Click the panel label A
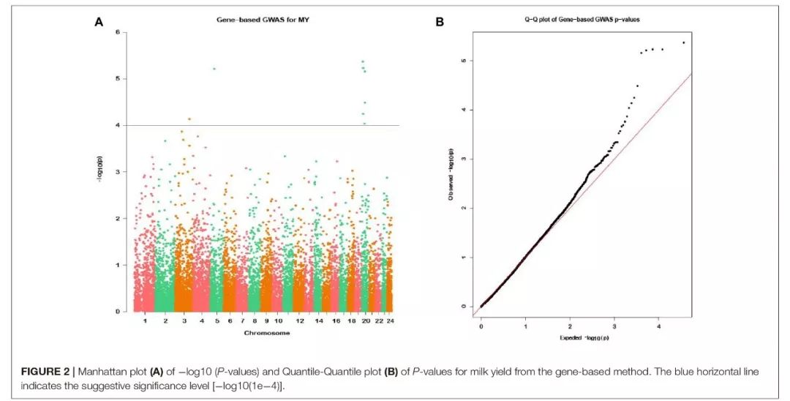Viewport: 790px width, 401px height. [x=99, y=22]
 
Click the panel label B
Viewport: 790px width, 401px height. [x=440, y=22]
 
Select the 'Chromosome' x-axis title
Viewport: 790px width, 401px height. [x=266, y=333]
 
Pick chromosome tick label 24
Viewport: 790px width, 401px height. [x=390, y=321]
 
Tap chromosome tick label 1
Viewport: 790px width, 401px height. [x=145, y=321]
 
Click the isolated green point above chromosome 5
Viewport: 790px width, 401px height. [x=214, y=69]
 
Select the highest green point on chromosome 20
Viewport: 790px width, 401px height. [x=363, y=61]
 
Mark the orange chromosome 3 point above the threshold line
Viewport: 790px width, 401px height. [x=189, y=119]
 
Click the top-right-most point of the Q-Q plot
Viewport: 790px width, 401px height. [x=683, y=42]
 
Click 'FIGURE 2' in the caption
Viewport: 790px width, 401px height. [x=42, y=372]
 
